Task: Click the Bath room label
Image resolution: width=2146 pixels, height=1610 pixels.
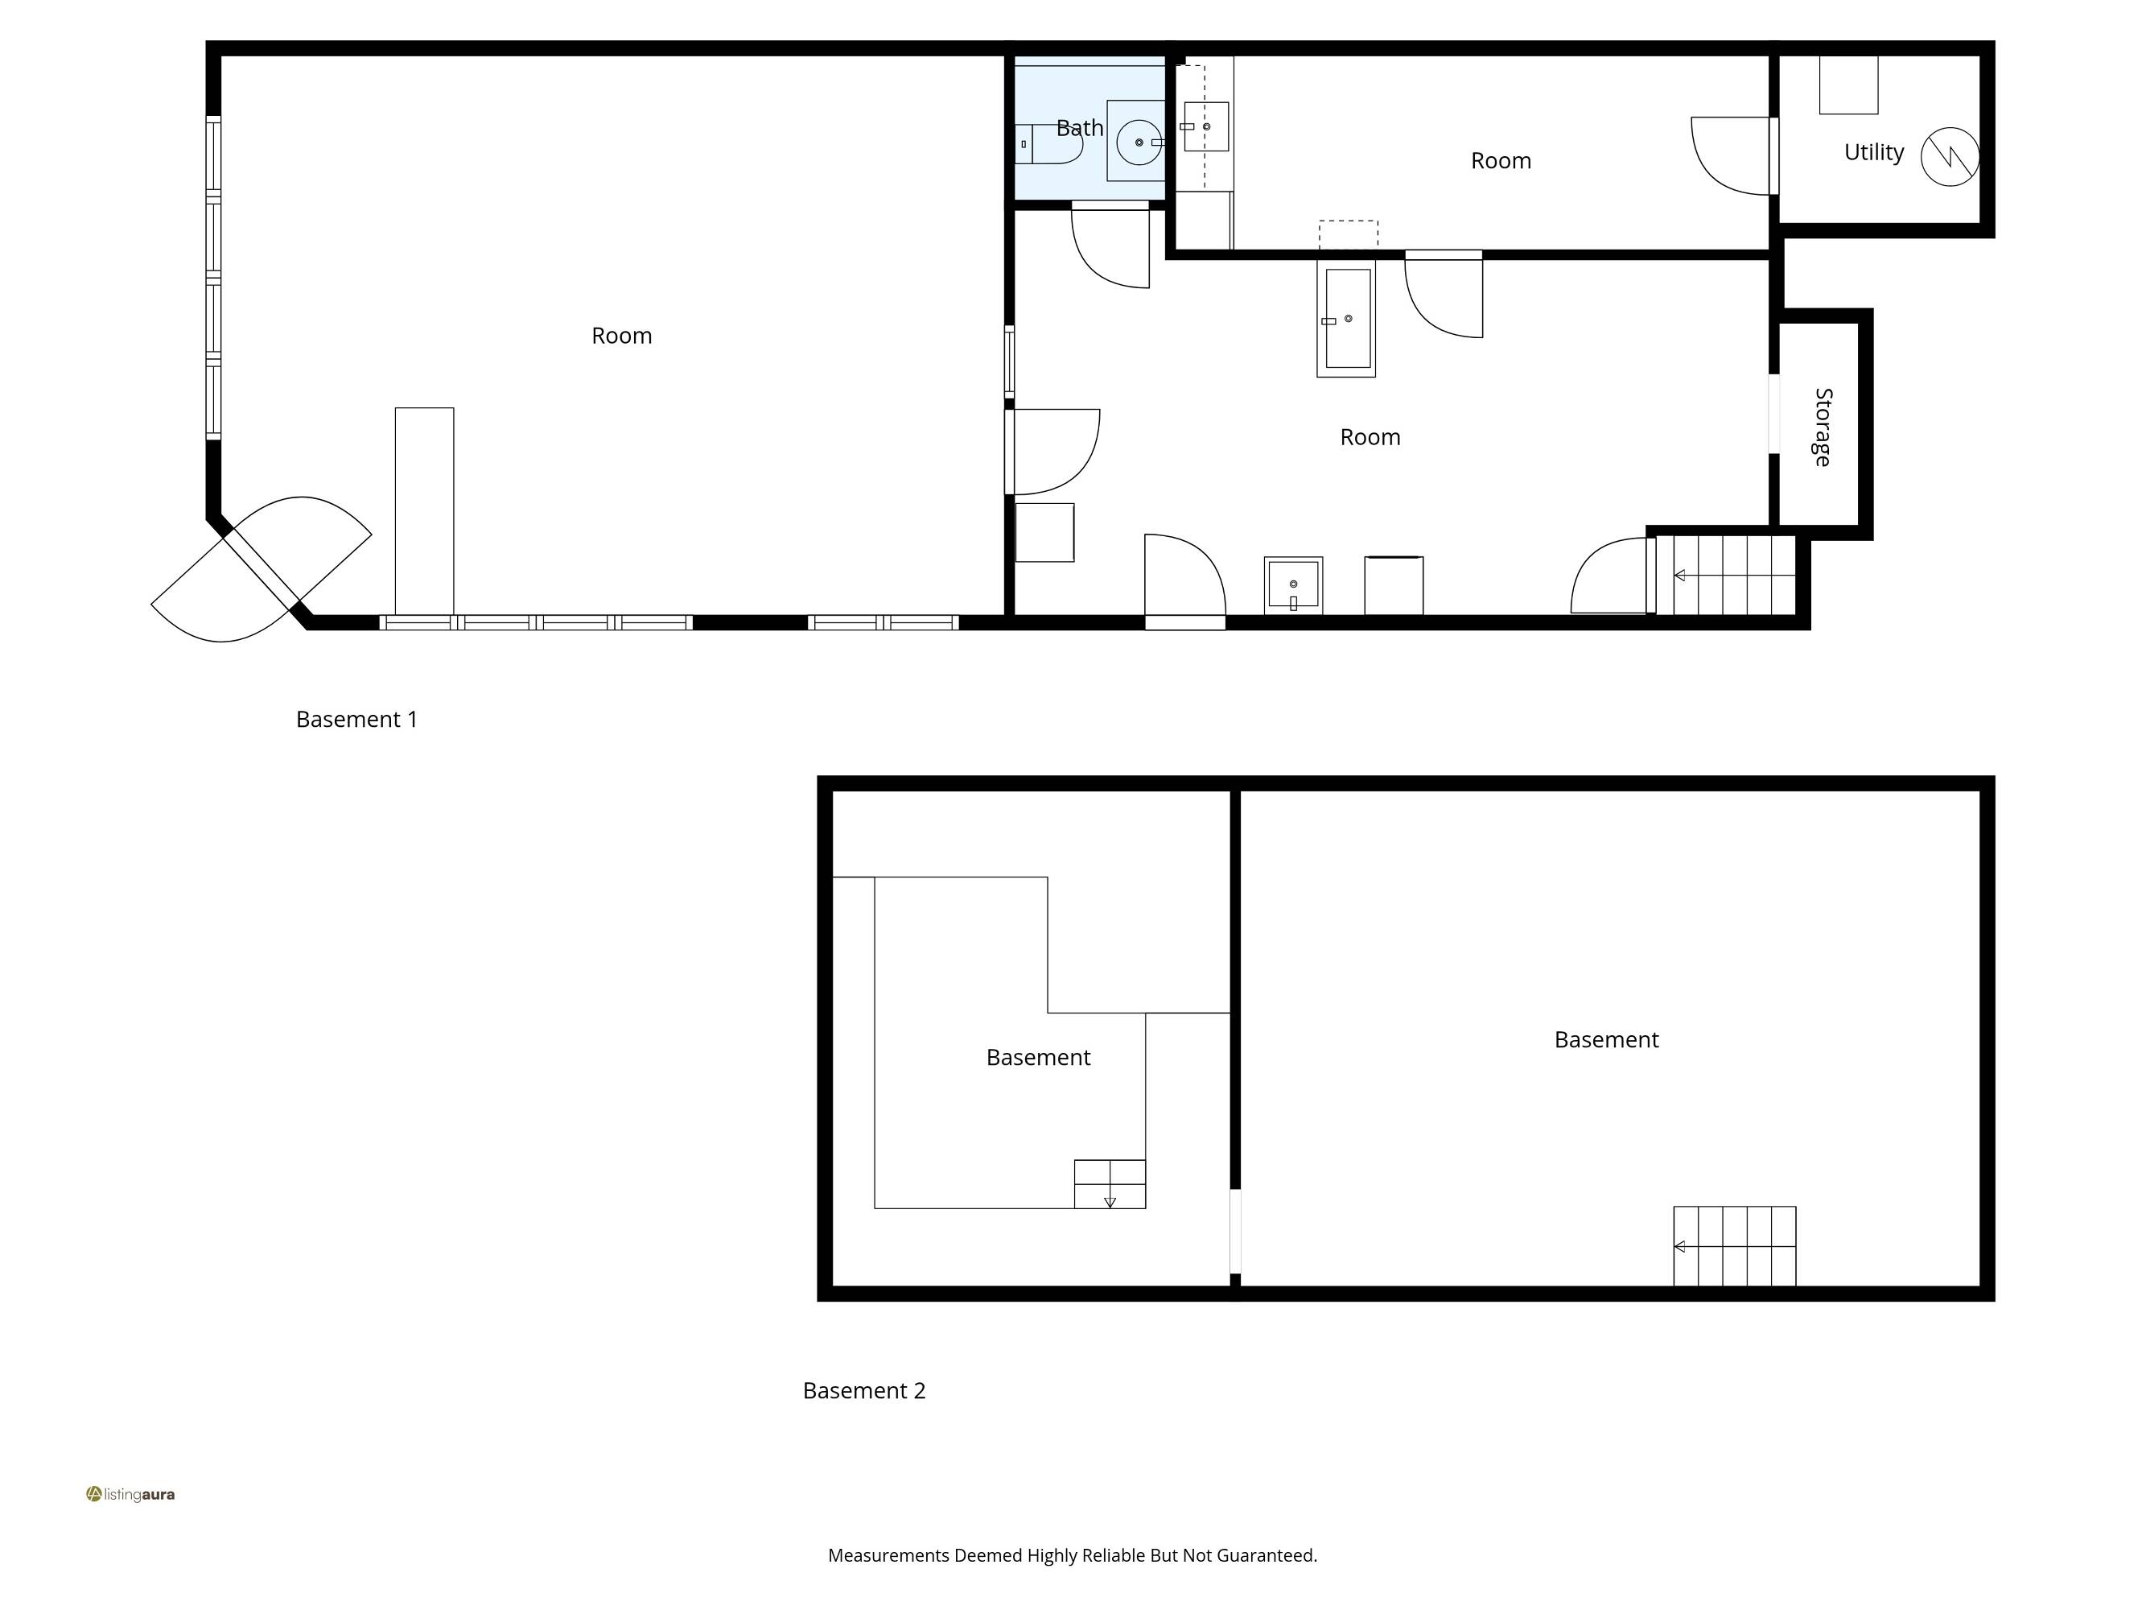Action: point(1079,128)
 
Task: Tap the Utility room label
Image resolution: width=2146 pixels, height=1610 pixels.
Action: point(1873,152)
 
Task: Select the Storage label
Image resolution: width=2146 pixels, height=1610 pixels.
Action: point(1823,427)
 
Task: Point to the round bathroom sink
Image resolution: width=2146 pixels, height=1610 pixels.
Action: point(1138,142)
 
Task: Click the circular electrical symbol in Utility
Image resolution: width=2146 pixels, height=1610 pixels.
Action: point(1949,157)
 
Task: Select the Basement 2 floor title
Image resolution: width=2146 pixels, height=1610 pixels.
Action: point(863,1391)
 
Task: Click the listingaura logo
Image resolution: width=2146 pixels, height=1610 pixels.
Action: point(130,1495)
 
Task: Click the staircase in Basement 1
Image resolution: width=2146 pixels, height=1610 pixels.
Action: point(1725,576)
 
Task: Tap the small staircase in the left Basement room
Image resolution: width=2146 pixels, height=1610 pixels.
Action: point(1109,1184)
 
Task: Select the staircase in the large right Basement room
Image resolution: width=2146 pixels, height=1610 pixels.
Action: point(1734,1246)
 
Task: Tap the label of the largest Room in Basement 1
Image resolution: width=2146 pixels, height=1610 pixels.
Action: point(621,336)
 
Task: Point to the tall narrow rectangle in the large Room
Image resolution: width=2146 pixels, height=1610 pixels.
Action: point(424,510)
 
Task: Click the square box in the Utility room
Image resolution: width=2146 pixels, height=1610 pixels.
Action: point(1848,85)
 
